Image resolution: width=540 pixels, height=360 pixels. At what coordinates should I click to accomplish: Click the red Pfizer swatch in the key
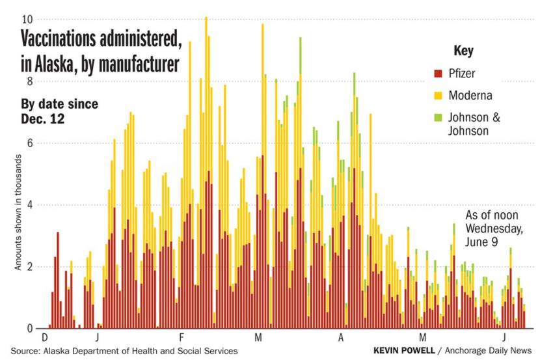point(438,74)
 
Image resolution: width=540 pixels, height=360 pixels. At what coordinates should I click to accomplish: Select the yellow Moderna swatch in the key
point(438,96)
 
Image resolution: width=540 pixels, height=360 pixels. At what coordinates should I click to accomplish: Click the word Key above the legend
point(463,51)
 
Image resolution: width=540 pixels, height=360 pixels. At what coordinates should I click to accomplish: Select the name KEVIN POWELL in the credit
point(404,351)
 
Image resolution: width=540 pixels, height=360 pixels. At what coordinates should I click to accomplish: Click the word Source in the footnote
point(27,351)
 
